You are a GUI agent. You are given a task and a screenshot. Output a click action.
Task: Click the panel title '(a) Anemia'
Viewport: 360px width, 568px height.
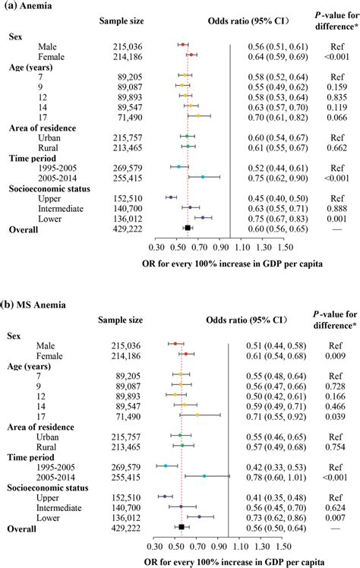30,8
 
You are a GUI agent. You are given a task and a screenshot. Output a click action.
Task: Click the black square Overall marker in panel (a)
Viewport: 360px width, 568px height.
188,227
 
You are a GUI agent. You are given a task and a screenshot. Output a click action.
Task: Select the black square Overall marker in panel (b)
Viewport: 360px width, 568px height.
182,526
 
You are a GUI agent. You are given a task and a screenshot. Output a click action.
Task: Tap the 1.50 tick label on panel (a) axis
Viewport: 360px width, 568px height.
285,247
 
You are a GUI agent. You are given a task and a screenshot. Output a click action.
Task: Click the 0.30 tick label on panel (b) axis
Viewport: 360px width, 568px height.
155,545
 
